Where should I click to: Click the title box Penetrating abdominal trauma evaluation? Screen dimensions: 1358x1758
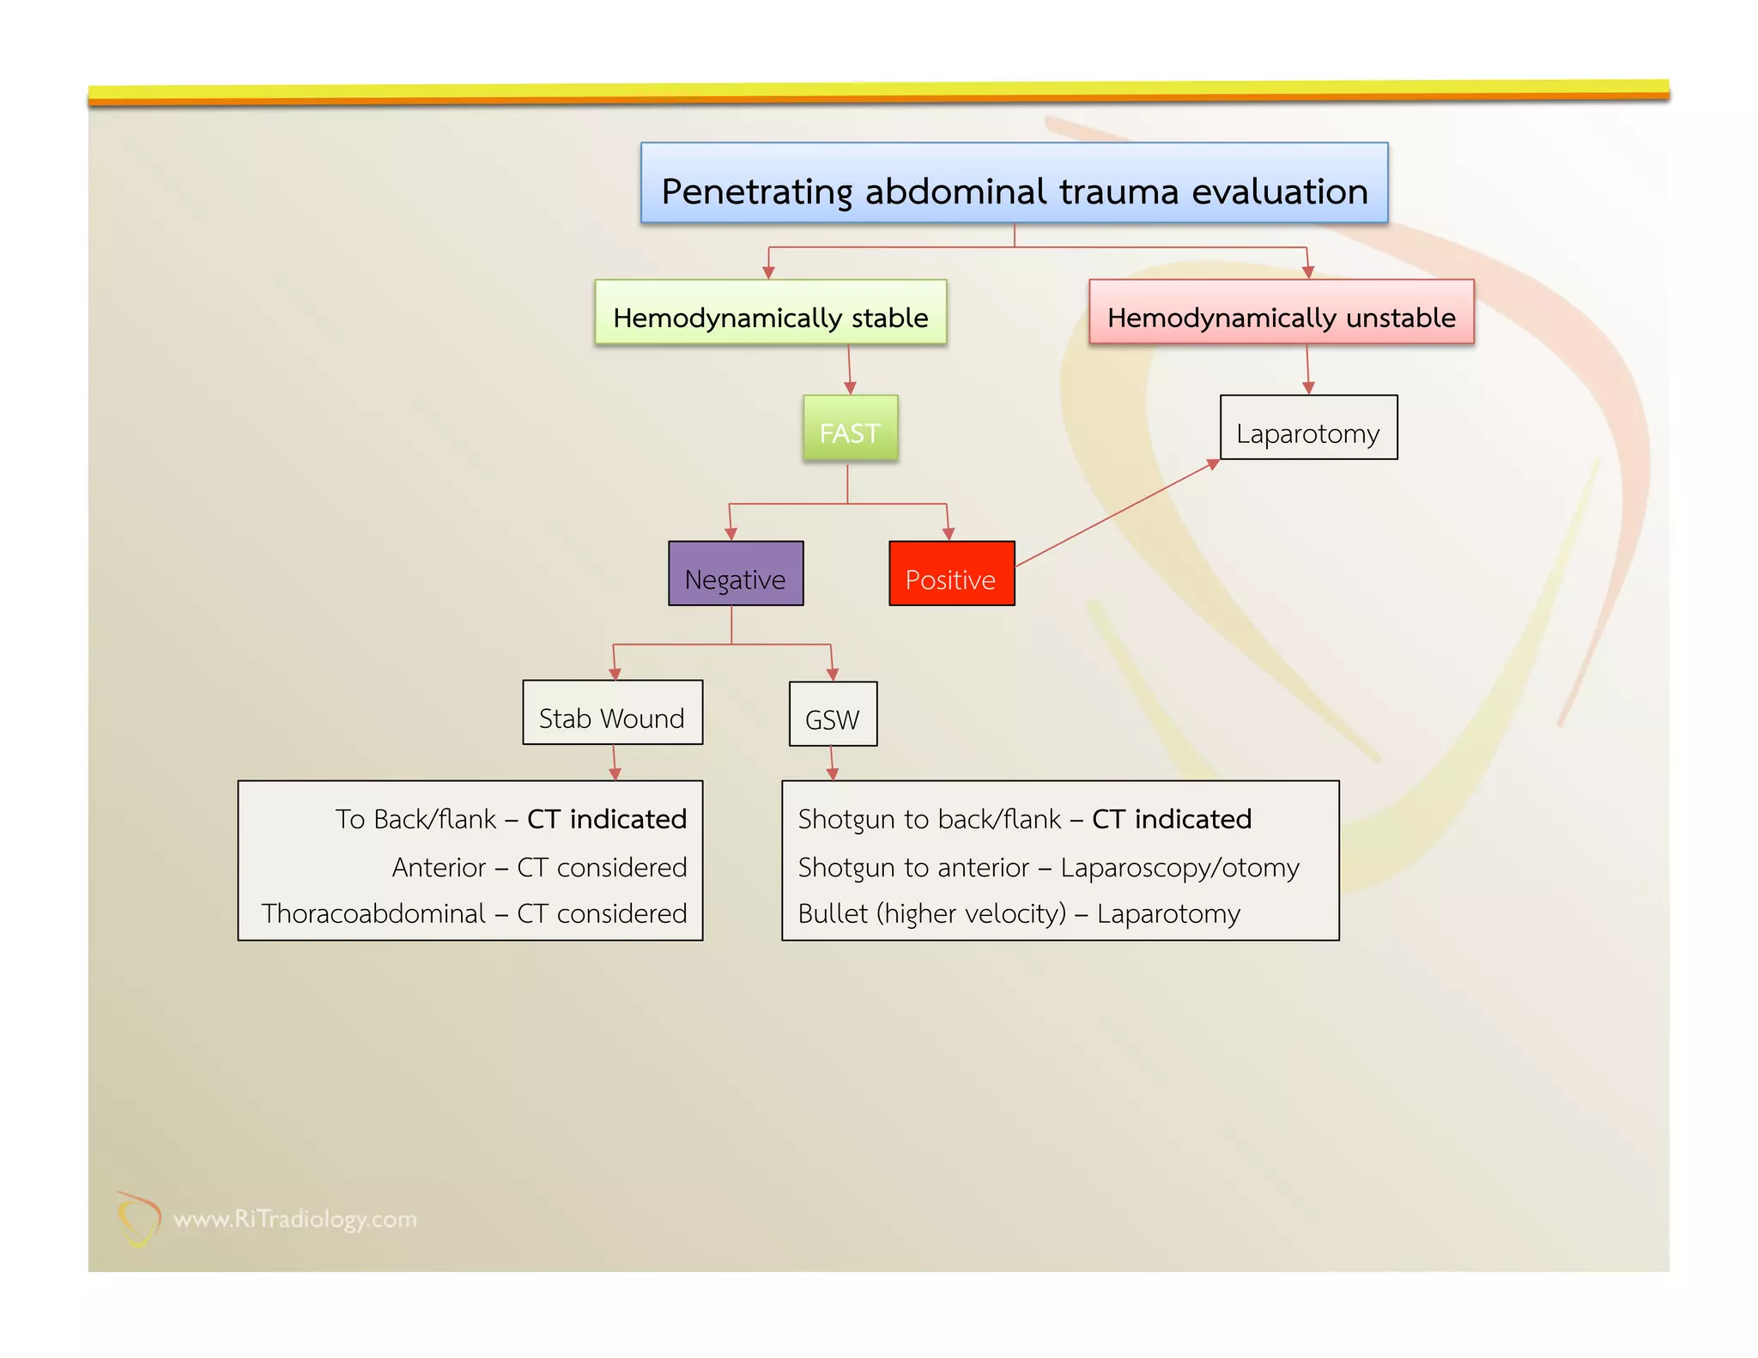[1014, 184]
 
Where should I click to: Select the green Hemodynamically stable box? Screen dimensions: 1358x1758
[770, 313]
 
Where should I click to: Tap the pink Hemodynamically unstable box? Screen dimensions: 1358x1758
[1281, 313]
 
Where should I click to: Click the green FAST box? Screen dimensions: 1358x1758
[850, 428]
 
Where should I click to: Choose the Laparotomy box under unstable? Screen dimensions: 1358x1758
[1308, 428]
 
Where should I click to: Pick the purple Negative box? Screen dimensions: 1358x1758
[736, 574]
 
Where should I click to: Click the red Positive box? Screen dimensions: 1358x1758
[951, 574]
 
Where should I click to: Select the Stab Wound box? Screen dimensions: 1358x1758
[612, 713]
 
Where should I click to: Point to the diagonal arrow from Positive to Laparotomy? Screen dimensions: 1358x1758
[1116, 513]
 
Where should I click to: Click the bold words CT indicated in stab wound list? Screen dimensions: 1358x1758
[606, 819]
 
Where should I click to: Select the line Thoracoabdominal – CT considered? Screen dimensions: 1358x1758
[474, 913]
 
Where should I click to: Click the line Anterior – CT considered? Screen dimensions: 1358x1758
[539, 867]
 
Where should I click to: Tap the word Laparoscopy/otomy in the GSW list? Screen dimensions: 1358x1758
[1179, 868]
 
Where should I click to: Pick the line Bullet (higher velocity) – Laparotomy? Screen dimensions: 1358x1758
[1018, 913]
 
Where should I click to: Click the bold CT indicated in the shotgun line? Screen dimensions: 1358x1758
[1171, 819]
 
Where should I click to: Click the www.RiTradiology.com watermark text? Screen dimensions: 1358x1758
[295, 1219]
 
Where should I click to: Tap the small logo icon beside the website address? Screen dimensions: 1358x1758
[137, 1218]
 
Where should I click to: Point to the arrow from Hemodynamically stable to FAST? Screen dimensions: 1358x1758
[849, 369]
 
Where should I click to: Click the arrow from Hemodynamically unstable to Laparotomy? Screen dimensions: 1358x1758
[1307, 369]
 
